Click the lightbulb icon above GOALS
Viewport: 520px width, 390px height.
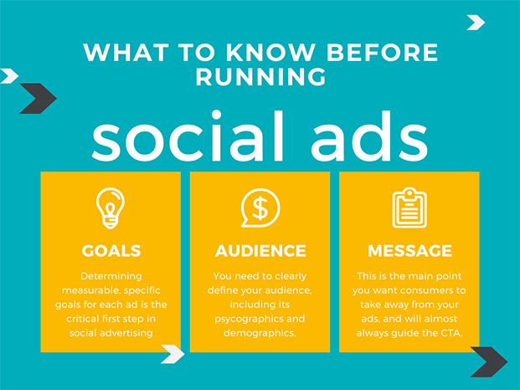(111, 208)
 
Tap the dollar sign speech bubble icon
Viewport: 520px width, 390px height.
(260, 208)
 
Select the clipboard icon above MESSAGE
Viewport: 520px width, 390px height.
(409, 208)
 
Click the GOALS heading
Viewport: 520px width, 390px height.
(111, 251)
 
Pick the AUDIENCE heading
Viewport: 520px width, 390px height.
(260, 251)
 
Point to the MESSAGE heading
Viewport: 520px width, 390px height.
(409, 251)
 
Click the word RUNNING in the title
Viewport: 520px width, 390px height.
(260, 78)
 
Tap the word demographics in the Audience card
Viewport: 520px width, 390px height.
(260, 334)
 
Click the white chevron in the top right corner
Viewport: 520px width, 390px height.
(476, 23)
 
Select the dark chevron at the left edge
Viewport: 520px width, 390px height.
(37, 99)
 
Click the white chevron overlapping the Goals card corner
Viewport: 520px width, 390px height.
(172, 353)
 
